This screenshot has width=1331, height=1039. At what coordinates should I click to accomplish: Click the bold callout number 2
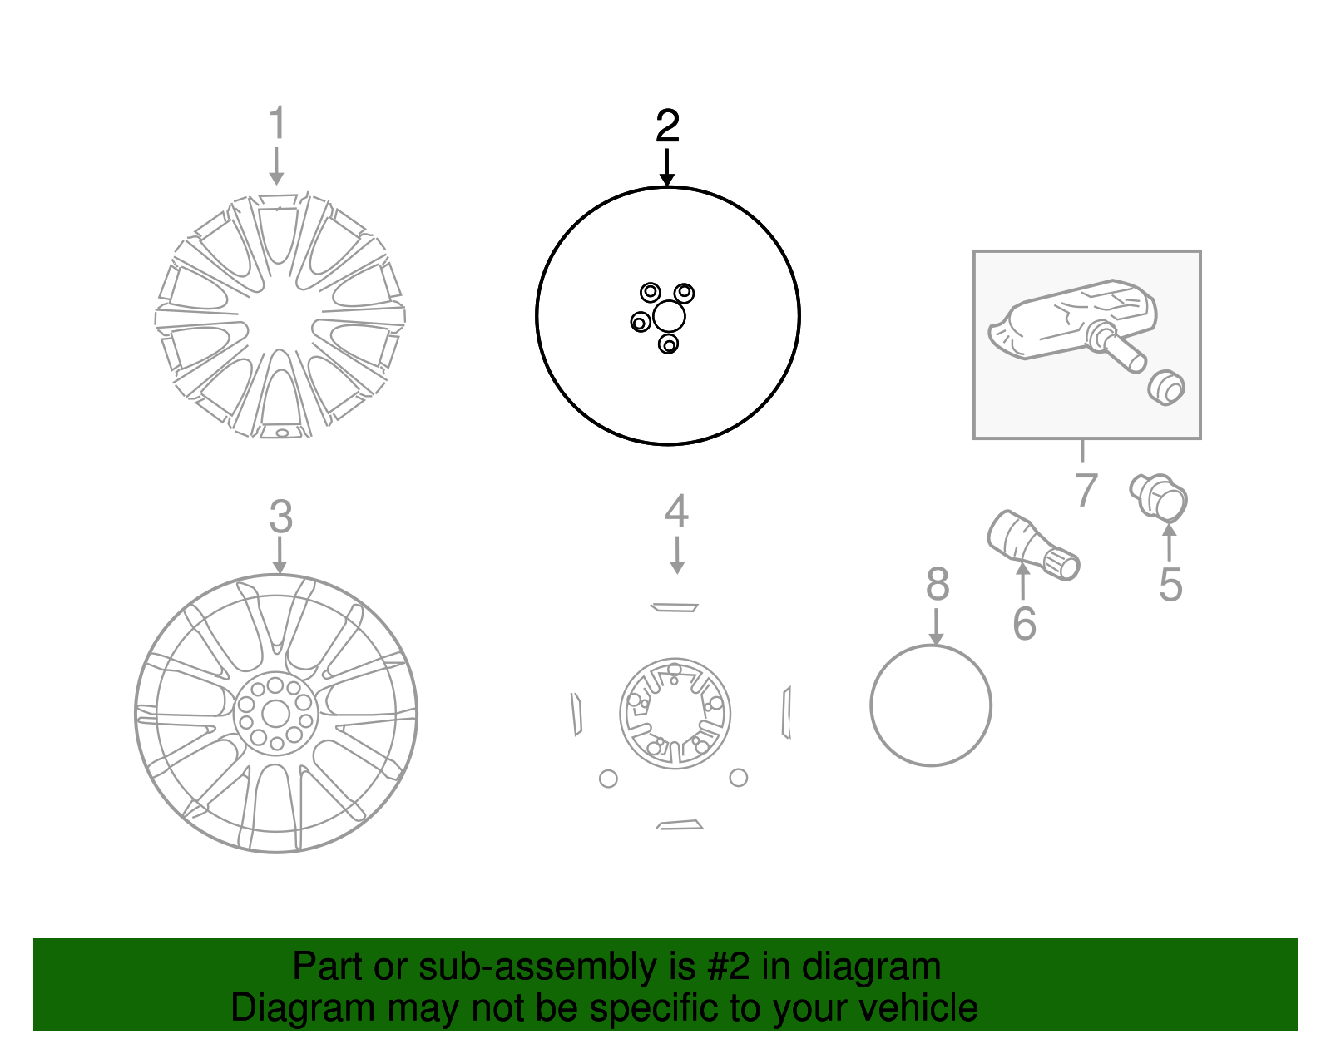pyautogui.click(x=667, y=126)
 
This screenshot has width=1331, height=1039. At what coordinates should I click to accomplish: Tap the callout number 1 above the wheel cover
pyautogui.click(x=278, y=121)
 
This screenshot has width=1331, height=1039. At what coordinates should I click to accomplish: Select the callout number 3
pyautogui.click(x=281, y=517)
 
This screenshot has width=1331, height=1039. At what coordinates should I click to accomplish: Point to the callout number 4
pyautogui.click(x=677, y=512)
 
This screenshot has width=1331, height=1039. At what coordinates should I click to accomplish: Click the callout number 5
pyautogui.click(x=1170, y=584)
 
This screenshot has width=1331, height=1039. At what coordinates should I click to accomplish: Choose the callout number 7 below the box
pyautogui.click(x=1086, y=490)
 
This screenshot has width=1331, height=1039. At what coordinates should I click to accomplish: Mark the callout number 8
pyautogui.click(x=938, y=583)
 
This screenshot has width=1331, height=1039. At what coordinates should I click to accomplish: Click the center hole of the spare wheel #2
pyautogui.click(x=669, y=316)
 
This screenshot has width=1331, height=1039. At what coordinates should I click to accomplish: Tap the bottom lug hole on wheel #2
pyautogui.click(x=668, y=344)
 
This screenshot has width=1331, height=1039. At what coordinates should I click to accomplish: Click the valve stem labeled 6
pyautogui.click(x=1033, y=545)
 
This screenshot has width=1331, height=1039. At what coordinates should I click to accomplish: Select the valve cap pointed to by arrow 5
pyautogui.click(x=1158, y=497)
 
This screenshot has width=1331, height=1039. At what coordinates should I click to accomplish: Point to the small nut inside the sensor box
pyautogui.click(x=1165, y=388)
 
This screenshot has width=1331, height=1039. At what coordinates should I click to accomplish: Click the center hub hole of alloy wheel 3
pyautogui.click(x=275, y=713)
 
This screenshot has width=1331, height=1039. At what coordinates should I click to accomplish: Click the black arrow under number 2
pyautogui.click(x=667, y=167)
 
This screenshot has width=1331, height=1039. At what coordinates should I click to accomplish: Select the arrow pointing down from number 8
pyautogui.click(x=936, y=626)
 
